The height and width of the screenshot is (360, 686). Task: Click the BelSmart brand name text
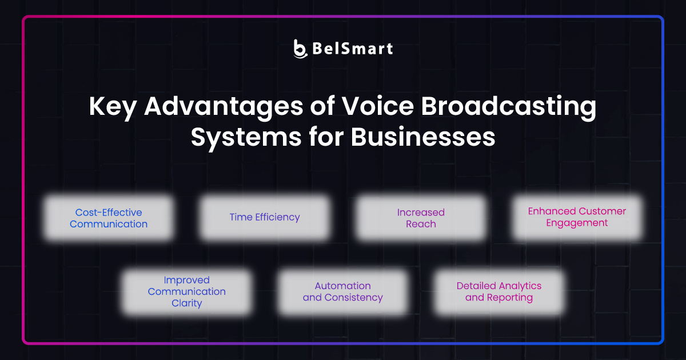[352, 49]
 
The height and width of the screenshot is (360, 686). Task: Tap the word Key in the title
[110, 107]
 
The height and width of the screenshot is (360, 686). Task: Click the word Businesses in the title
[422, 137]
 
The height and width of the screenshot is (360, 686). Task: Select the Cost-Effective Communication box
[109, 218]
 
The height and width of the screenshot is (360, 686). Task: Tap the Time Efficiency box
[265, 218]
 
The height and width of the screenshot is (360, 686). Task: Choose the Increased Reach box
[421, 218]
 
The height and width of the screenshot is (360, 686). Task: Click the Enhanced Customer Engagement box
[577, 217]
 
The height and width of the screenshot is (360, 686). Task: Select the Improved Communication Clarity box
[187, 292]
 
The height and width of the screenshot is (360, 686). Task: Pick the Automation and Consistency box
[342, 292]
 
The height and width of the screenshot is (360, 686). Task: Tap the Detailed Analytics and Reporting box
[498, 292]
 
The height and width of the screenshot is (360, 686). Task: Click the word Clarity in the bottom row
[187, 303]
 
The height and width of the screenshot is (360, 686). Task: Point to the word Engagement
[577, 223]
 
